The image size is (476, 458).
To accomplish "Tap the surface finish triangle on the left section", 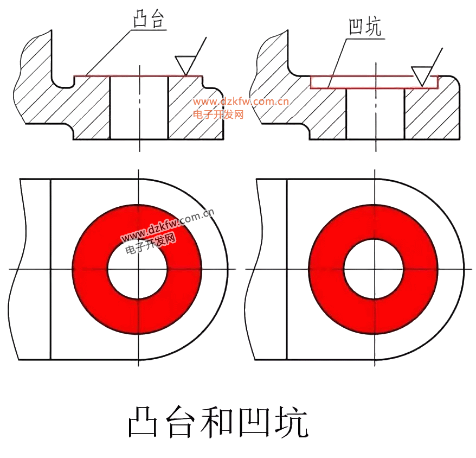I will tap(185, 65).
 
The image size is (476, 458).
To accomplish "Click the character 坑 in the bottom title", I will tap(291, 422).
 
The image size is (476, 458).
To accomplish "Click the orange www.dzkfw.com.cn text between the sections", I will tap(241, 101).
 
